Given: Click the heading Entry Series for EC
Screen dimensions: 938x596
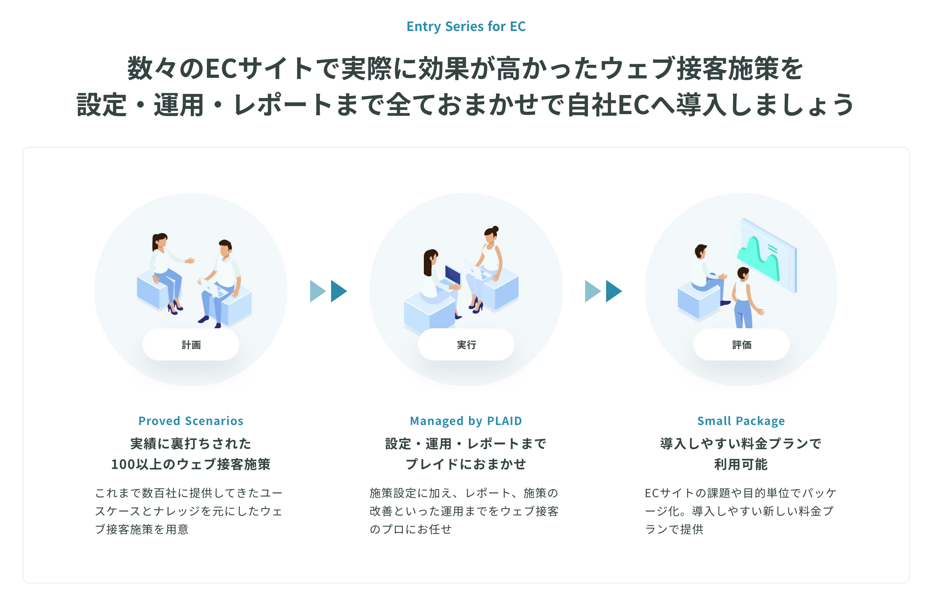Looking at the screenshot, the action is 466,27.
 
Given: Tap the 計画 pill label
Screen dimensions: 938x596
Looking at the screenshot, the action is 191,345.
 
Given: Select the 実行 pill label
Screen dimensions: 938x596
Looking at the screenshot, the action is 466,345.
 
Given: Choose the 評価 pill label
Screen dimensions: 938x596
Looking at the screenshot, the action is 741,345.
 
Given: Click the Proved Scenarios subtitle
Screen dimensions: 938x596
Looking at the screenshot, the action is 191,421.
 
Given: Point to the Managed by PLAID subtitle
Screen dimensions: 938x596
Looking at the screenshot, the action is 466,421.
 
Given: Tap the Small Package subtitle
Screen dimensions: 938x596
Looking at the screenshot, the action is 741,421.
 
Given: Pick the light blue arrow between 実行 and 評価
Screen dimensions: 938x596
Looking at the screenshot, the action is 592,291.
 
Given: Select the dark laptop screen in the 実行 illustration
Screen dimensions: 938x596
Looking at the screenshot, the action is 452,275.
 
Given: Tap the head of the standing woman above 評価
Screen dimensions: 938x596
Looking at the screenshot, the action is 743,273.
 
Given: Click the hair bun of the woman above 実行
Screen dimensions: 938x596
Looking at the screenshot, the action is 496,229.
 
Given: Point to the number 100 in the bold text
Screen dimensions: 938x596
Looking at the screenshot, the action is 123,465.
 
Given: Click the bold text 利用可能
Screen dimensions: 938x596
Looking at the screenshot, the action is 741,465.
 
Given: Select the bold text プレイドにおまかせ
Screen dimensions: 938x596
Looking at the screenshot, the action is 466,465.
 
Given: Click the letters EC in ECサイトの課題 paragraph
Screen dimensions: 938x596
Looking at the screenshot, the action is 652,493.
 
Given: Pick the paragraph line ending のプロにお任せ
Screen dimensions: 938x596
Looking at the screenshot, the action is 411,529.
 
